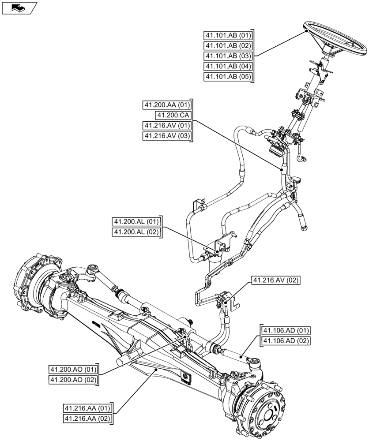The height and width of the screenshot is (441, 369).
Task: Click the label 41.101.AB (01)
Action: [x=228, y=36]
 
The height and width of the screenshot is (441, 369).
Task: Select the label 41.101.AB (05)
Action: [x=228, y=77]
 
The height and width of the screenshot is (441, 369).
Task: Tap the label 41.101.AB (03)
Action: [x=228, y=56]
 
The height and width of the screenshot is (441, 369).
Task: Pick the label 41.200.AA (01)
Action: [x=167, y=105]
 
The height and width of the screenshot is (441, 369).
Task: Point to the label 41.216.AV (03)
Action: [x=167, y=136]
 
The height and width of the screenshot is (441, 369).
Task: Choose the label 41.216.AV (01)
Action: [x=167, y=126]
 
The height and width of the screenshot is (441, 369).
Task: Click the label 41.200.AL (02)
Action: [x=136, y=232]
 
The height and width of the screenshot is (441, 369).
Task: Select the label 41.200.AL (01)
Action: [x=136, y=222]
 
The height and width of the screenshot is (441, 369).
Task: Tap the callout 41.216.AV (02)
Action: [x=273, y=280]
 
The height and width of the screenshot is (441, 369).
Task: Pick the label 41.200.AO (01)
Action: [x=73, y=369]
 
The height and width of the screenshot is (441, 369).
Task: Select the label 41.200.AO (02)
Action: [x=73, y=379]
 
